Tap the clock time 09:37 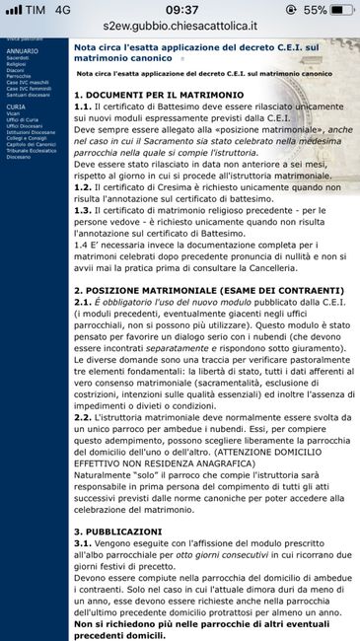180,10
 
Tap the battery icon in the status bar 341,10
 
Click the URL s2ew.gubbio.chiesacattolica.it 180,31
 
